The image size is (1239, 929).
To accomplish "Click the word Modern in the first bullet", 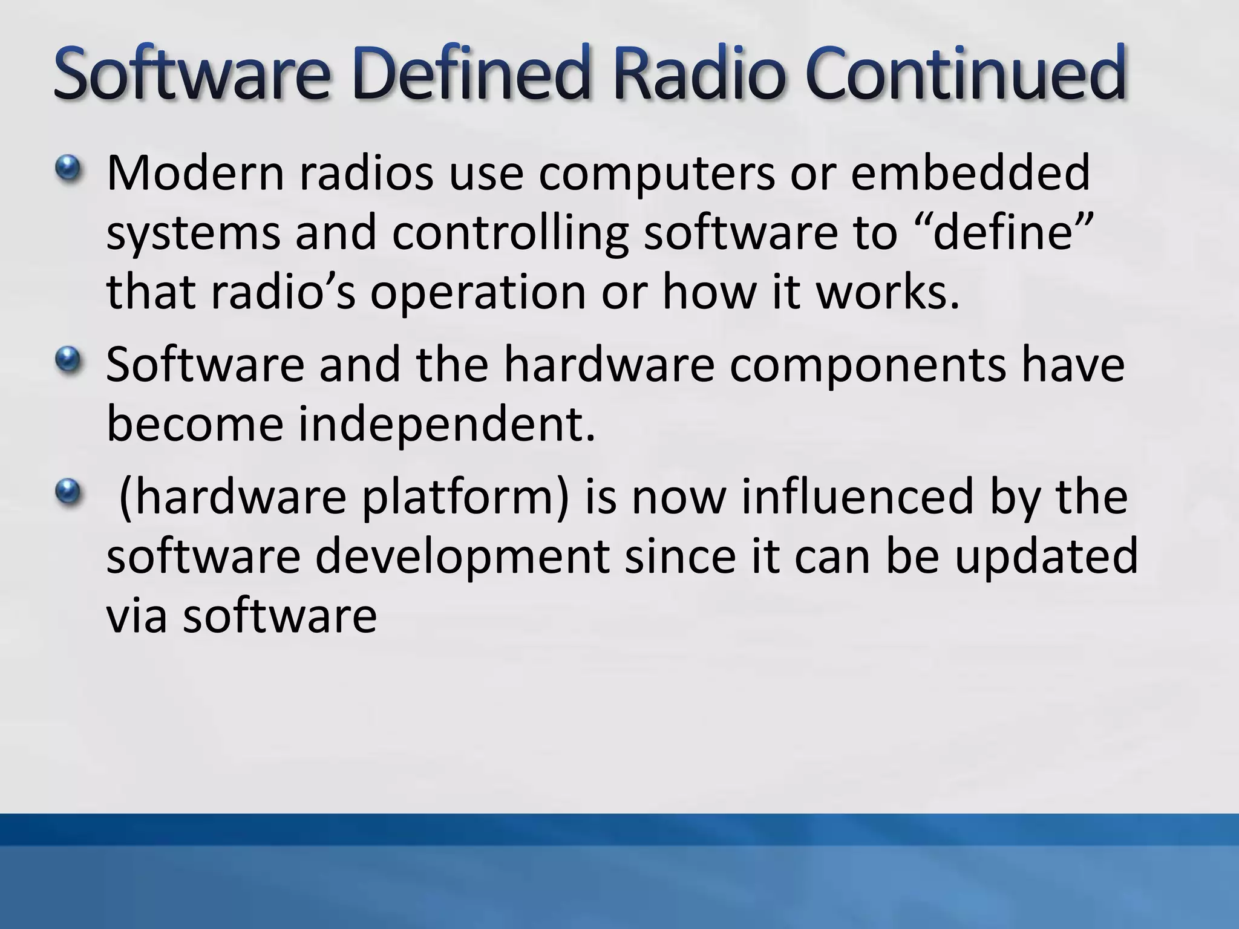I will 195,173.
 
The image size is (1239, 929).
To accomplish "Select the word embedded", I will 970,173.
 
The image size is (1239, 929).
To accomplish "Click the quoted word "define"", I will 1004,232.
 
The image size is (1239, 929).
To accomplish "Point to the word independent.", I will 447,426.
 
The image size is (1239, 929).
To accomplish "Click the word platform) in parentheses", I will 466,498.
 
